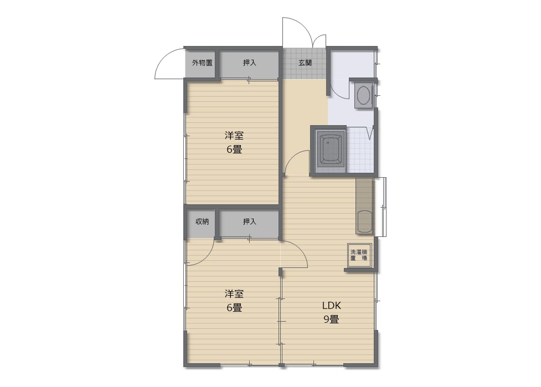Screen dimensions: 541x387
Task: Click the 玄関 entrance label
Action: pos(305,63)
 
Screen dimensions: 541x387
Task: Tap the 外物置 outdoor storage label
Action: pos(202,63)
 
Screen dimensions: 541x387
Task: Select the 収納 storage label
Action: pos(202,221)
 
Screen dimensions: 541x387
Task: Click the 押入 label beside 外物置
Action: pos(249,63)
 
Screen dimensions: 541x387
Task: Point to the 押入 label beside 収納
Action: pos(249,221)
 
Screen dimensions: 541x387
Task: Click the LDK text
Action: pos(331,306)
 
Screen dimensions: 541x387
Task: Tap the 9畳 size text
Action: pos(331,319)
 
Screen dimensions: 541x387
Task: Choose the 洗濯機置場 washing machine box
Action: pos(359,255)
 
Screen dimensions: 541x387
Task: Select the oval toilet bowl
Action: pos(363,95)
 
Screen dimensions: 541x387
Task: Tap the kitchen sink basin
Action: pos(364,221)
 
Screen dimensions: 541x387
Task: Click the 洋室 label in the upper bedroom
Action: pos(234,136)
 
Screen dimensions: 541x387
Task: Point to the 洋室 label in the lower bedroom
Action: pos(234,294)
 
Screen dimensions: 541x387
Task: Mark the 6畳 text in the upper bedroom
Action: pos(234,149)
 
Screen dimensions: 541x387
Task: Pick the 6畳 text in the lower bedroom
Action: pos(234,307)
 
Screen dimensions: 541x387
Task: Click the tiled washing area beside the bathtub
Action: pos(360,150)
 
